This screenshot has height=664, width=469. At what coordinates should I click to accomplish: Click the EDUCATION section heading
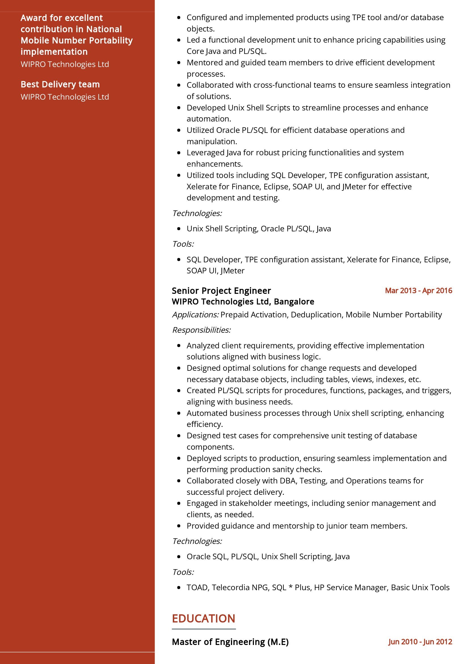click(x=203, y=619)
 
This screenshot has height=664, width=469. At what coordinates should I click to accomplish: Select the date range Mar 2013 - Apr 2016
click(x=418, y=291)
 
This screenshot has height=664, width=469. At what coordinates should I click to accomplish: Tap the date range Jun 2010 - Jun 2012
click(x=420, y=642)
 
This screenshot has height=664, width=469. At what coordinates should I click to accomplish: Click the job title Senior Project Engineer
click(x=221, y=291)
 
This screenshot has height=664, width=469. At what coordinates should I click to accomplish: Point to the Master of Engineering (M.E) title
click(x=230, y=642)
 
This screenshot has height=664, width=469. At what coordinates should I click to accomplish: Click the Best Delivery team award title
click(x=60, y=84)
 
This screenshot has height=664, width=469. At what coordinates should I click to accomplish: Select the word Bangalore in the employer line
click(x=294, y=302)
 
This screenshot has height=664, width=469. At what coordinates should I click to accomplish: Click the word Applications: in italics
click(x=195, y=315)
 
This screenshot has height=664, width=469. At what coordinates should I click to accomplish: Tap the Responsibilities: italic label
click(x=201, y=330)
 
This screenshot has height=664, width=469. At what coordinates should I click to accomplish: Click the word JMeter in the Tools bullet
click(x=233, y=271)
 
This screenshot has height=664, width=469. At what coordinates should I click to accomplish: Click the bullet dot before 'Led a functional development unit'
click(x=179, y=40)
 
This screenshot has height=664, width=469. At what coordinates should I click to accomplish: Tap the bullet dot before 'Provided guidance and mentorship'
click(x=179, y=526)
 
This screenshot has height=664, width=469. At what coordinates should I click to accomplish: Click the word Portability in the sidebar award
click(x=111, y=41)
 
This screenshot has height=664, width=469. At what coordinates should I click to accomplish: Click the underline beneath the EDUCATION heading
click(x=204, y=629)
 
